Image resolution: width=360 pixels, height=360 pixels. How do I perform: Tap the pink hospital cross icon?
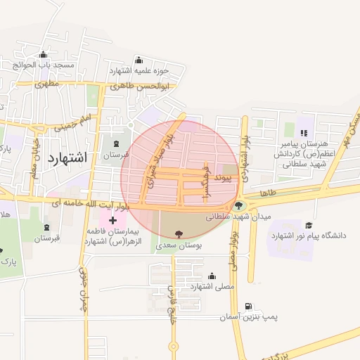(112, 221)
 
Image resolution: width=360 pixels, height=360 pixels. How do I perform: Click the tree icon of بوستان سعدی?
(176, 233)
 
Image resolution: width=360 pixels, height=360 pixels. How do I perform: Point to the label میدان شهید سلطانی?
(238, 218)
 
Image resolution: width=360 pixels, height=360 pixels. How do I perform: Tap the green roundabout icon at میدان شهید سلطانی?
(239, 206)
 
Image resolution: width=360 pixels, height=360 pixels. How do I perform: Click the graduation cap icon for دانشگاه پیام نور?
(309, 224)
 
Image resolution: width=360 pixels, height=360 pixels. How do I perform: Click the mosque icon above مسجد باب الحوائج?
(44, 54)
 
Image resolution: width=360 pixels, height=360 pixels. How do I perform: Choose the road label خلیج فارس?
(171, 309)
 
